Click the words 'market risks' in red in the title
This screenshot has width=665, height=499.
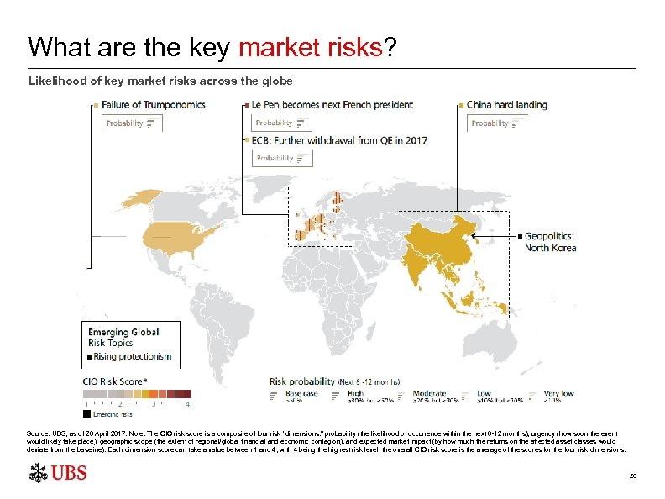310,47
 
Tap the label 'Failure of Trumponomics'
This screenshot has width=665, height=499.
153,105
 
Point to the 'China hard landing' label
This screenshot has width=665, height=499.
506,105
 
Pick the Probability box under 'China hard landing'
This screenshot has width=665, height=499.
496,123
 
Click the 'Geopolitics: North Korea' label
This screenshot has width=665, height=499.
550,242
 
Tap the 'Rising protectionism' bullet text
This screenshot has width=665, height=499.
134,356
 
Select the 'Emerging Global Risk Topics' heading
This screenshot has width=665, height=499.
123,337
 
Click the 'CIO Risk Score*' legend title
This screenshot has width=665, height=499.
113,381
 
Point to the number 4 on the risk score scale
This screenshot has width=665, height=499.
187,404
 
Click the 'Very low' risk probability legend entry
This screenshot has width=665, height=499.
558,393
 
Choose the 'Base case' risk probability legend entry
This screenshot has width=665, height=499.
301,393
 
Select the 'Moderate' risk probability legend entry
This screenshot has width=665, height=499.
429,393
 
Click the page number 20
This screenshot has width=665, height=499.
633,475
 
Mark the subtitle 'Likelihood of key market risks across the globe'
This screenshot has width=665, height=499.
160,81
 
